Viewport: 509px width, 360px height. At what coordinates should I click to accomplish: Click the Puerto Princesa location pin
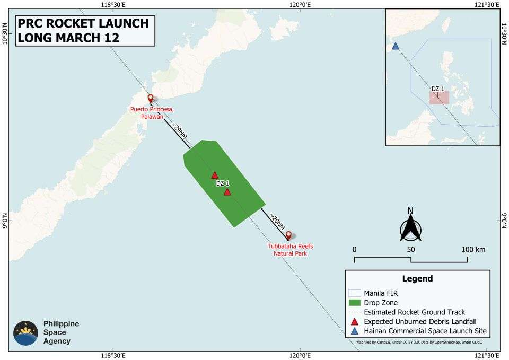[151, 99]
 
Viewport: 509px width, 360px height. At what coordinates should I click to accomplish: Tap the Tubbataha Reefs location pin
[288, 235]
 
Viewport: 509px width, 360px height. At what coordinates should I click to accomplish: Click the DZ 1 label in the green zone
[223, 183]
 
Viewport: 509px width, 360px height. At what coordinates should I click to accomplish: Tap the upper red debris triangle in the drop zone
[215, 175]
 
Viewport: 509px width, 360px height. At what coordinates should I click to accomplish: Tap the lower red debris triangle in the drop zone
[227, 191]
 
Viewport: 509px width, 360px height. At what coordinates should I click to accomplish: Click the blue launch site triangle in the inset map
[395, 46]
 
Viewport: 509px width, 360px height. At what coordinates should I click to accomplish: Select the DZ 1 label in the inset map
[437, 89]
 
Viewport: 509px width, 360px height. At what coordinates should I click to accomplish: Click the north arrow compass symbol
[410, 226]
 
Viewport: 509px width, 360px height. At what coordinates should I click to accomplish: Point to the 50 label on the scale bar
[411, 250]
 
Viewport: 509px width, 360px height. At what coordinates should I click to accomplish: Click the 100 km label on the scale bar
[473, 250]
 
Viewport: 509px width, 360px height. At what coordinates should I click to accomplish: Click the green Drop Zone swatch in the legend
[354, 302]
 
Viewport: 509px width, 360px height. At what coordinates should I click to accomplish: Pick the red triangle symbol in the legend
[354, 322]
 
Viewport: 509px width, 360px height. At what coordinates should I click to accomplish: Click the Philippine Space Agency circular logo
[25, 333]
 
